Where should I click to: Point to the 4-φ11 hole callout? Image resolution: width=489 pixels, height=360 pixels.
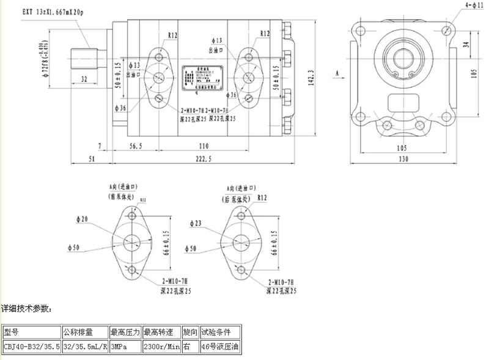[x=473, y=5]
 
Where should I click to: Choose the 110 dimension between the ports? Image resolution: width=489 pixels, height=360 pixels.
[x=204, y=146]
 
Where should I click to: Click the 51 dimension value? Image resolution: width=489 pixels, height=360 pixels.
[x=92, y=159]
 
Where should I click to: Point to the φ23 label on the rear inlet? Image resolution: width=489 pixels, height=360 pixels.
[x=196, y=223]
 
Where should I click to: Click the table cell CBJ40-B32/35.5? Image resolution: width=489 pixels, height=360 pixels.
[x=31, y=347]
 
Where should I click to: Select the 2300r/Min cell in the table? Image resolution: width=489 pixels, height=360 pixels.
[x=161, y=347]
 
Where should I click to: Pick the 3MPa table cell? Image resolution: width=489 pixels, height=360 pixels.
[x=125, y=347]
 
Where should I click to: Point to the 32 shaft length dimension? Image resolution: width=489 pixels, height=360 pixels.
[x=84, y=79]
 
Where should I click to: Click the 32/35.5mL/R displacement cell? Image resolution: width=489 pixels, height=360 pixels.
[x=85, y=347]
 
